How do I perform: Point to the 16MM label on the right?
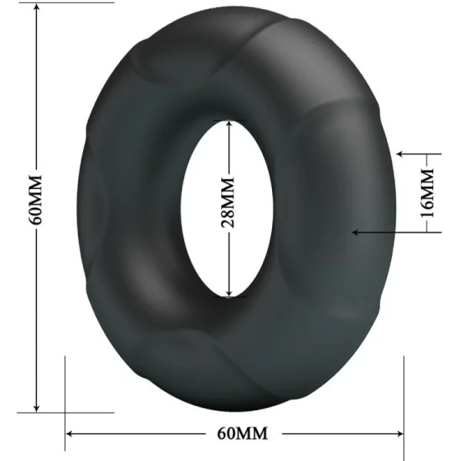[429, 193]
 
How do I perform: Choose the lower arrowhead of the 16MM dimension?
[355, 230]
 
